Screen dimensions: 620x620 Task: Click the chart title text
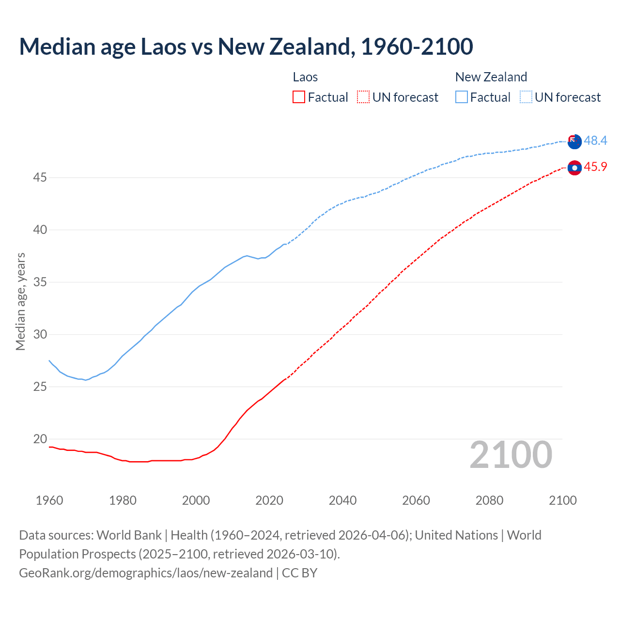(x=246, y=46)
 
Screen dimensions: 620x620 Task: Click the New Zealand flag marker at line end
(x=574, y=141)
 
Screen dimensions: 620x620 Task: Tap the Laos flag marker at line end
(x=574, y=168)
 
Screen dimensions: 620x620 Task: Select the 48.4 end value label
(x=595, y=140)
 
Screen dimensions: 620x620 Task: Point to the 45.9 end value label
(x=595, y=167)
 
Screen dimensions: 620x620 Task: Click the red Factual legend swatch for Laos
(x=299, y=97)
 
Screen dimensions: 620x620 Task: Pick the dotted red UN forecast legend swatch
(x=363, y=97)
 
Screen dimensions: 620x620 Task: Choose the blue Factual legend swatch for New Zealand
(x=462, y=97)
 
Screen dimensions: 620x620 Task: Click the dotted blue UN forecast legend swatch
(x=526, y=97)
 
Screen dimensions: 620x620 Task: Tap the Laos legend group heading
(x=305, y=77)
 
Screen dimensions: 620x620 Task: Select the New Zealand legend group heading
(x=491, y=77)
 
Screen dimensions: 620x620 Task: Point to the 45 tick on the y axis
(x=40, y=178)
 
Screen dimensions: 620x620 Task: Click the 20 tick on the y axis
(x=40, y=439)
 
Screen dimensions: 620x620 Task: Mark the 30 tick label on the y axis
(x=40, y=335)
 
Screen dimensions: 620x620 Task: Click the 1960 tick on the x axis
(x=49, y=500)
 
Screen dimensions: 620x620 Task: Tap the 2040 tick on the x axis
(x=342, y=500)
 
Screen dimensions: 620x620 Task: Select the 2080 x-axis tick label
(x=489, y=500)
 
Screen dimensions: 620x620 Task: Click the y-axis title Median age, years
(x=20, y=301)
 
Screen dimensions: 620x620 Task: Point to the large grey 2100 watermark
(x=511, y=455)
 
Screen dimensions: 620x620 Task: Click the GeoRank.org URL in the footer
(x=146, y=573)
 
